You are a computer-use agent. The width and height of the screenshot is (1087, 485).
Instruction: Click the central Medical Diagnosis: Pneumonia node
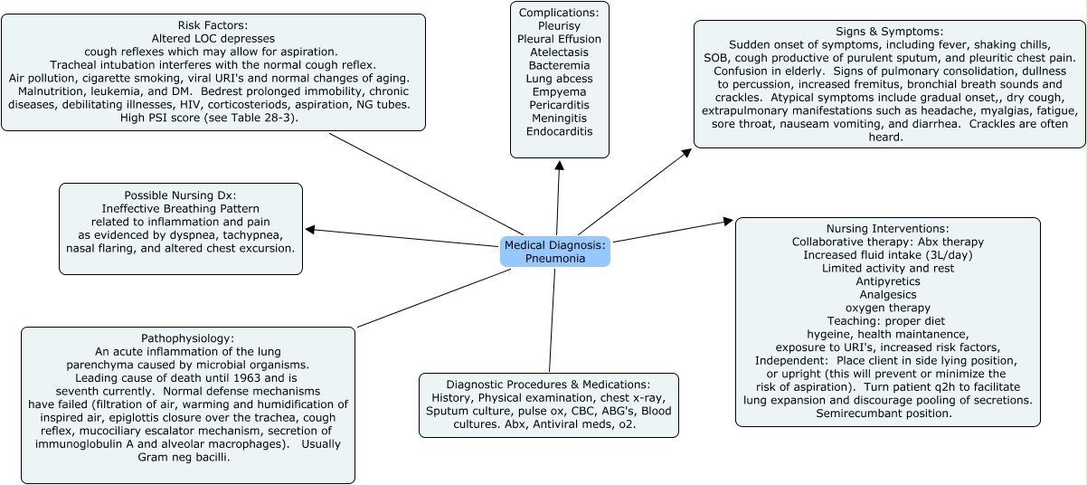[555, 252]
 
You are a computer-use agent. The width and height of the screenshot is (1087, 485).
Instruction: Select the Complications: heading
[559, 14]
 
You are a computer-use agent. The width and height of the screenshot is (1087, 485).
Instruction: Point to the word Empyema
[559, 90]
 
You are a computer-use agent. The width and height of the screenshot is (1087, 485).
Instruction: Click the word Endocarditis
[559, 131]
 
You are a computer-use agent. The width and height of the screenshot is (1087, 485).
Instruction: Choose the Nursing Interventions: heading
[887, 229]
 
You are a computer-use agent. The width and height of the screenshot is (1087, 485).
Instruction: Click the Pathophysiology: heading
[188, 338]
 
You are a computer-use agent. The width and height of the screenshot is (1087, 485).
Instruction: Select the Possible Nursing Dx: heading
[180, 195]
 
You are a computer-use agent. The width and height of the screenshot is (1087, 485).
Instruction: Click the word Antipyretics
[887, 281]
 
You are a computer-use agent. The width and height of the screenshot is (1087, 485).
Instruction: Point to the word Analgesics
[887, 295]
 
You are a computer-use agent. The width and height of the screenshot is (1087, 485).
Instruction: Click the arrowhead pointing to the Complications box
[560, 166]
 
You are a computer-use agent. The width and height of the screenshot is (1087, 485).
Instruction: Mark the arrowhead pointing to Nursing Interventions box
[730, 221]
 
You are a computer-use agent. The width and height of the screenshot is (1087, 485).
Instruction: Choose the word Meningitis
[559, 118]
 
